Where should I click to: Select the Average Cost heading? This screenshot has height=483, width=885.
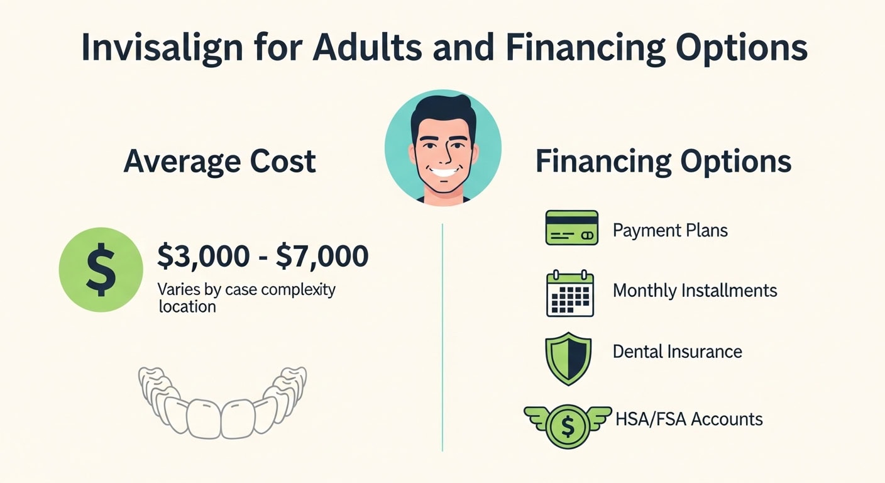[x=219, y=161]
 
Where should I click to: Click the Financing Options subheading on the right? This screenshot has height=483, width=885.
[x=663, y=161]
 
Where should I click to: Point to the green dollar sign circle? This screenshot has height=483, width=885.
[x=101, y=270]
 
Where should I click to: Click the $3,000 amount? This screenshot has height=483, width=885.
[x=202, y=257]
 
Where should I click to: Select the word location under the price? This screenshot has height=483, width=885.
[x=187, y=307]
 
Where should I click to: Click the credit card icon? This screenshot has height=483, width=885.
[x=571, y=228]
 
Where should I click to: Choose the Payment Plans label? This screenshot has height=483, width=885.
[x=670, y=230]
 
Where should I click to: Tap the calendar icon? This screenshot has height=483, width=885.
[x=570, y=293]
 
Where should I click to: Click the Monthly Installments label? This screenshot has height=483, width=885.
[x=695, y=291]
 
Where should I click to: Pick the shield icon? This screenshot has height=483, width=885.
[x=568, y=358]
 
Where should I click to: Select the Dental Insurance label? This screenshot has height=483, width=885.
[x=677, y=351]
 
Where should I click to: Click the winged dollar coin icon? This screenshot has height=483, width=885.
[x=568, y=426]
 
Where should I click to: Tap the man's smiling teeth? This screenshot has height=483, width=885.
[x=443, y=172]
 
